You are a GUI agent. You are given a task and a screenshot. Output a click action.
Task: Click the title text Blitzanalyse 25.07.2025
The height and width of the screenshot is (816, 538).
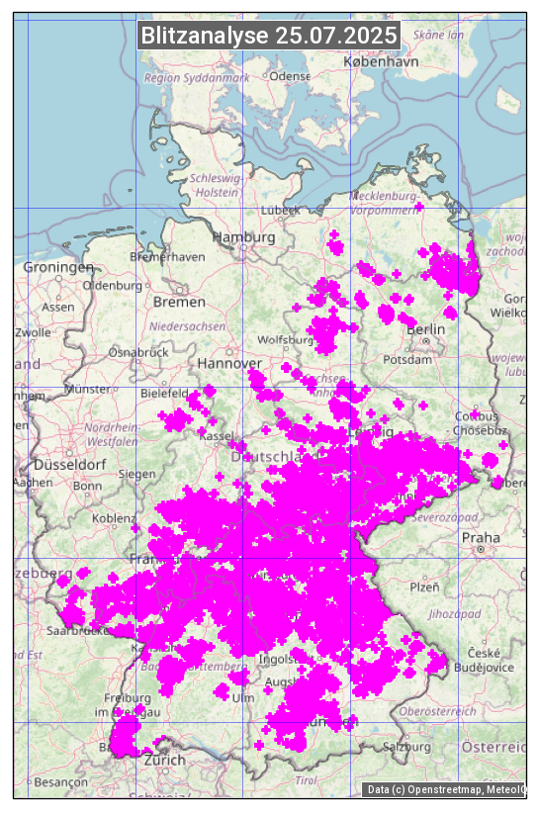269,36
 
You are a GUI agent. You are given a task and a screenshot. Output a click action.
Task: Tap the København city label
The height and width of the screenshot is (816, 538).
381,60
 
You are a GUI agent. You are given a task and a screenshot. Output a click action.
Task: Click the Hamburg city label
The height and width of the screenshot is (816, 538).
244,237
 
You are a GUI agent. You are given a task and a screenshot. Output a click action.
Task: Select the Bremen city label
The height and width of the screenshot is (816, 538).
179,301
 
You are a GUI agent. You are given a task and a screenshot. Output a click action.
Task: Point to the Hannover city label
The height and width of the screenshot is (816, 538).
228,363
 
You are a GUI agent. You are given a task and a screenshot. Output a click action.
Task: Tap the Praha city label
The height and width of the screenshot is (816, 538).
481,537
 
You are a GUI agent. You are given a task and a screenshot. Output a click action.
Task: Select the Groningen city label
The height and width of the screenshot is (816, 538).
57,267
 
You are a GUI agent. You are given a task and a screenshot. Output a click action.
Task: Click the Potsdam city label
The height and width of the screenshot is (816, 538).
429,362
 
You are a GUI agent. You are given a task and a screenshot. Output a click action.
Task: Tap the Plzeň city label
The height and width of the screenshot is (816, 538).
424,587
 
